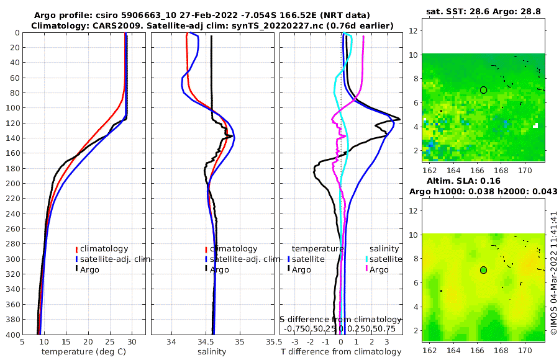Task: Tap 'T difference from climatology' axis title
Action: click(342, 352)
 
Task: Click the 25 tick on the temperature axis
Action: click(110, 342)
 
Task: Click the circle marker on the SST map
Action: click(483, 90)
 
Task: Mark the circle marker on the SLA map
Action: click(483, 270)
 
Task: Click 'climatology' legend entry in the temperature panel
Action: click(104, 249)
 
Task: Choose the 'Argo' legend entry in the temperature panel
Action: click(90, 269)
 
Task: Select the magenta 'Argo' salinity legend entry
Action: click(379, 269)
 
